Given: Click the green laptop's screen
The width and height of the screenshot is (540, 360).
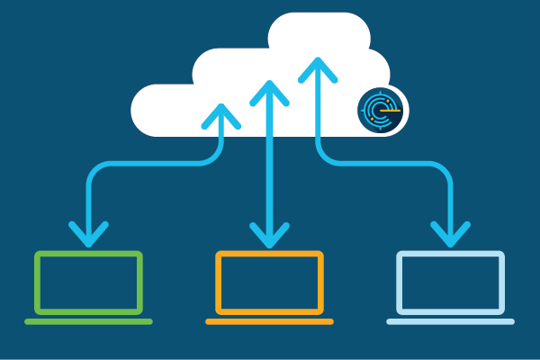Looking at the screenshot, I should [x=89, y=282].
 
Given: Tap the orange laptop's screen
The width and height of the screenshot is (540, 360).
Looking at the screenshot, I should [x=269, y=282].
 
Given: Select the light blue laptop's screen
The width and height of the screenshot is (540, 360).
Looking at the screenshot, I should [x=450, y=282].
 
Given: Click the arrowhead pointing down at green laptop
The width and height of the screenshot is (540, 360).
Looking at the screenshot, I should [x=88, y=236].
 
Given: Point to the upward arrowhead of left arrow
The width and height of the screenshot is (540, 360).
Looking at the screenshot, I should [x=221, y=112].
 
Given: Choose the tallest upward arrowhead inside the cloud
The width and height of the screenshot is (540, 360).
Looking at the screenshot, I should [x=318, y=67].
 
